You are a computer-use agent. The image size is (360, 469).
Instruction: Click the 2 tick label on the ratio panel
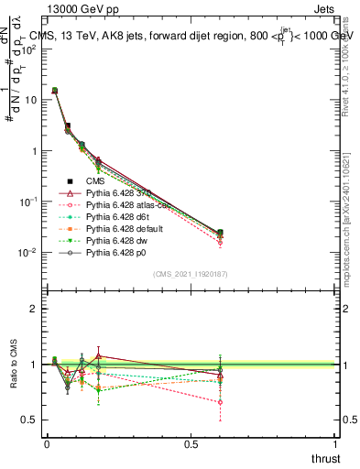[32, 309]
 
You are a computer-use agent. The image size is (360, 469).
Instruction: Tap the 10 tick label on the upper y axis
[27, 100]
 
